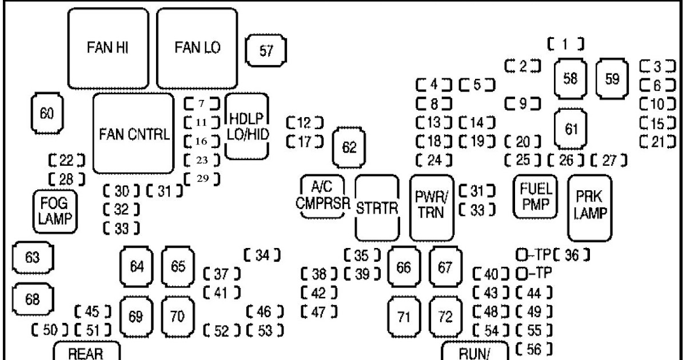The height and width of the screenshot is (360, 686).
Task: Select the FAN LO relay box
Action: (197, 48)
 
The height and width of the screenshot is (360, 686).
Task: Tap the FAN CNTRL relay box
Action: (133, 134)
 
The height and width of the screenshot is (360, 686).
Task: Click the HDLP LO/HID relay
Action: (247, 126)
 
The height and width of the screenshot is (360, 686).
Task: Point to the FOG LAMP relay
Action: (54, 211)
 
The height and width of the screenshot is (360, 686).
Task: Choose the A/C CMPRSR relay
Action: (322, 197)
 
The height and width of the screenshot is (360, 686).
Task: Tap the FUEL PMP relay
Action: (536, 197)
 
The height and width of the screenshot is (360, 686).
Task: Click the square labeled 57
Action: (266, 51)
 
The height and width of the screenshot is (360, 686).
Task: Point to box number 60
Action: (46, 113)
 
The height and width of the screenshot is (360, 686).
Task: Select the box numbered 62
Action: (349, 147)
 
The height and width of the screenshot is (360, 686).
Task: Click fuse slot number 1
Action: (565, 43)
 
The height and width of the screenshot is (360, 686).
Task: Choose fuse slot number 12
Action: (304, 122)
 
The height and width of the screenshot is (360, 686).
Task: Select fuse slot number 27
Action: (608, 160)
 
